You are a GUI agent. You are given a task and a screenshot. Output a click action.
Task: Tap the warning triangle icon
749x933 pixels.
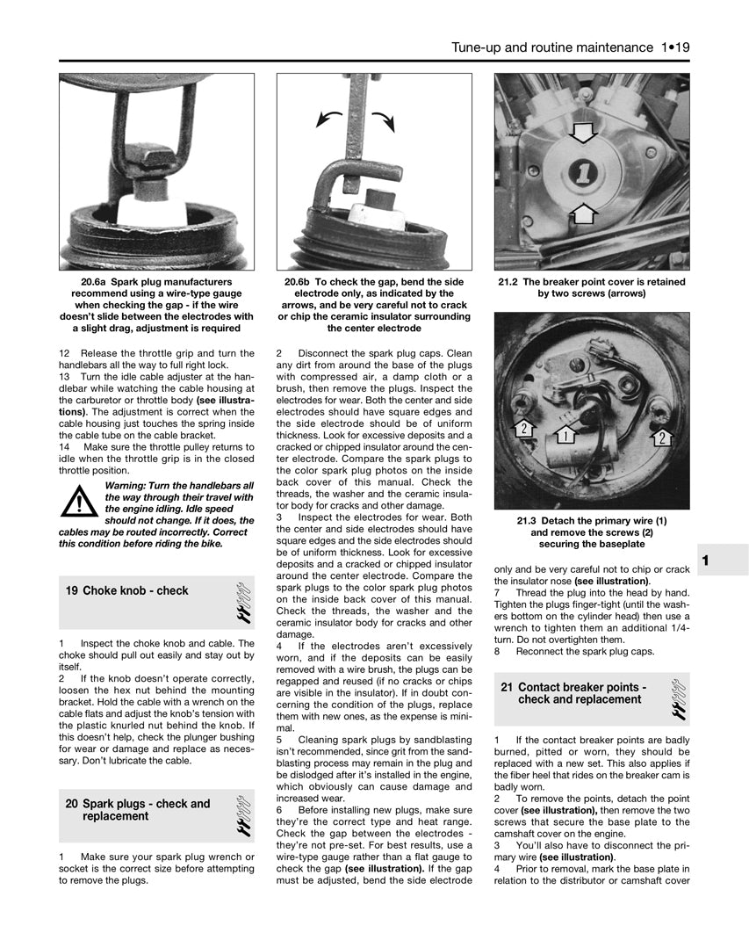[80, 503]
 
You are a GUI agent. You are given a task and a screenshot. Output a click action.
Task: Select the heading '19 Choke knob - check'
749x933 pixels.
[127, 591]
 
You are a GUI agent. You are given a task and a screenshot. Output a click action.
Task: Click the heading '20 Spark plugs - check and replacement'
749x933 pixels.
[138, 810]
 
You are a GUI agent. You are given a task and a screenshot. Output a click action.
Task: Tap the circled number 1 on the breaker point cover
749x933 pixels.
[582, 173]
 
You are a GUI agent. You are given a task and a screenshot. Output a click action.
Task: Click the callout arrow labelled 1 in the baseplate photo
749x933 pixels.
[565, 435]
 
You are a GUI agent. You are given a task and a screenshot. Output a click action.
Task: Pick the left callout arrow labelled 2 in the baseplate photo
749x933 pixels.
[523, 429]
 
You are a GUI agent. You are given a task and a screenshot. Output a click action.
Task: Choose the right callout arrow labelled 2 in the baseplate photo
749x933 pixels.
[661, 438]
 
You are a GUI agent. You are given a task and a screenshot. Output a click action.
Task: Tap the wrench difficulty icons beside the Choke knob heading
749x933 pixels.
[244, 602]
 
